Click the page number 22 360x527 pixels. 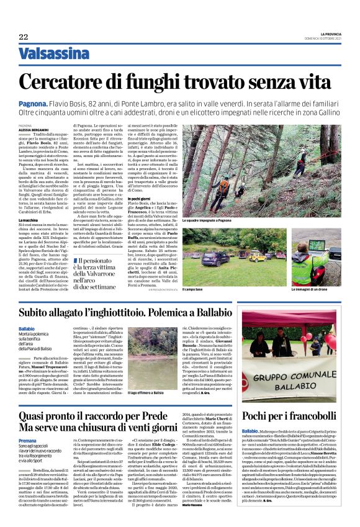[x=23, y=37]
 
